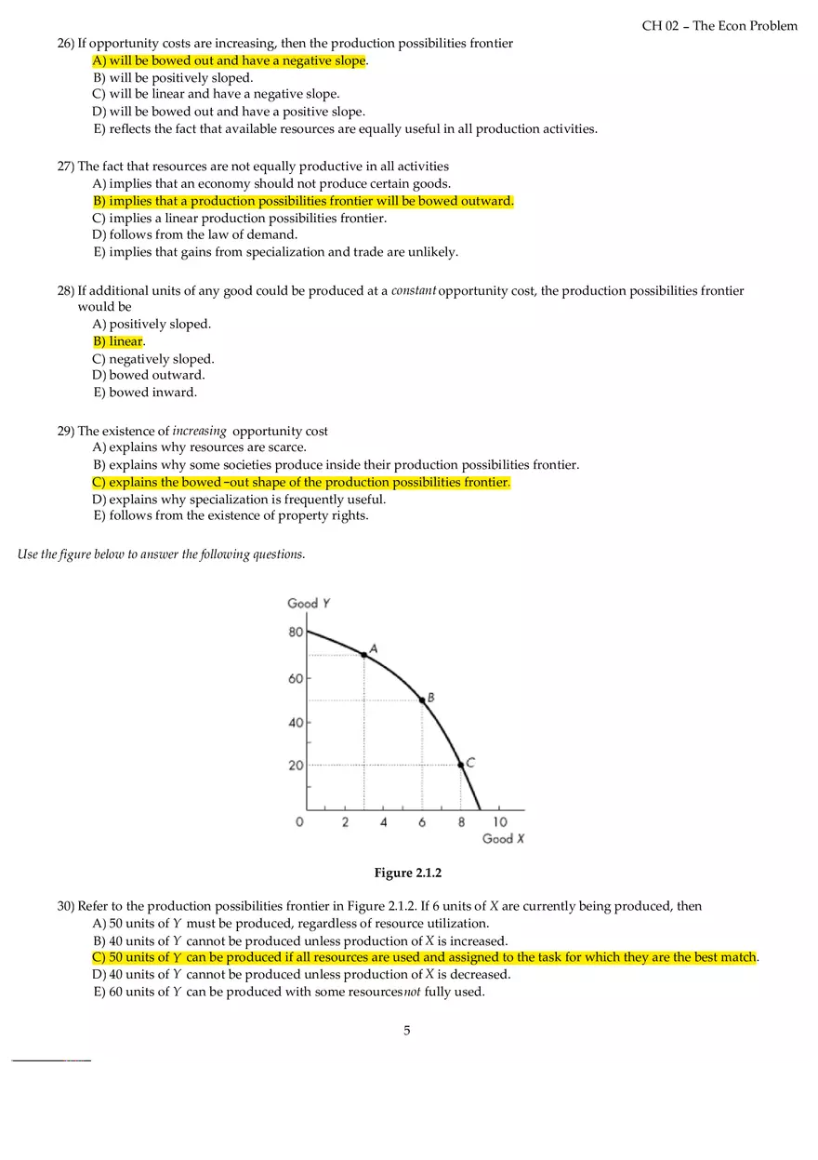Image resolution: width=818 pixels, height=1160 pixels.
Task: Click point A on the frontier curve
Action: [364, 655]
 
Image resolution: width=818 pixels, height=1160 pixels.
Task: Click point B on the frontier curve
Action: [422, 700]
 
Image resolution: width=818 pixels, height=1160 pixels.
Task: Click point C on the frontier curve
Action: [460, 765]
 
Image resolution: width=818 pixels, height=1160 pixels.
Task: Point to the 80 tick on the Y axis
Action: [296, 633]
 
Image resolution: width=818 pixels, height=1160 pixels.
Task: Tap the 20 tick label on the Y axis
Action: [296, 766]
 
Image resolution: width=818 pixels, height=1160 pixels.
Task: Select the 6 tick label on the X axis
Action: [422, 822]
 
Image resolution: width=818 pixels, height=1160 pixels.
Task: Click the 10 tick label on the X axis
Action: [500, 822]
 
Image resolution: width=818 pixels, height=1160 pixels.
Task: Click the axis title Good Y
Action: [309, 603]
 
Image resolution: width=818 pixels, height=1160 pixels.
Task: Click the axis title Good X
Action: [503, 839]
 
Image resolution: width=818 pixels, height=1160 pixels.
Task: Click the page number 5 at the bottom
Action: [407, 1030]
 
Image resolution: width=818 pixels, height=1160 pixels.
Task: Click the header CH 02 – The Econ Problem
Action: [719, 26]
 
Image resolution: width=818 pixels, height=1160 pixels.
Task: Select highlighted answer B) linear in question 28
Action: [118, 341]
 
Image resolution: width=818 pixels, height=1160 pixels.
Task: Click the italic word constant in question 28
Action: [414, 290]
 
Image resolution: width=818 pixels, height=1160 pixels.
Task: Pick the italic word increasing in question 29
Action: [199, 431]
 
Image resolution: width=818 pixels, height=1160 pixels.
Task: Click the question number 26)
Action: [66, 44]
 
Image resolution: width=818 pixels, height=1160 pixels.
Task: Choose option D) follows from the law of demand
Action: [195, 235]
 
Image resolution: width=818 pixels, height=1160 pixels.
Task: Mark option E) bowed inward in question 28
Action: [145, 393]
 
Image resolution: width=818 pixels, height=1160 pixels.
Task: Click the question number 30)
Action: [66, 906]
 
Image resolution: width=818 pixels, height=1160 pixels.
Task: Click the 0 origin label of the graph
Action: [299, 822]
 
